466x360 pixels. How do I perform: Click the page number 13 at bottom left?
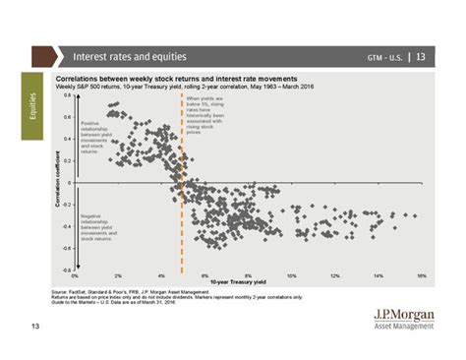[35, 326]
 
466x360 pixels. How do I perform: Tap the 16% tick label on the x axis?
[421, 275]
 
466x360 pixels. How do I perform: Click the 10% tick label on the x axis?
[291, 275]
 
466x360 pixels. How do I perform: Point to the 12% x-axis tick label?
[334, 275]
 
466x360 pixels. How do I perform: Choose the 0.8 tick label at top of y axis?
[67, 95]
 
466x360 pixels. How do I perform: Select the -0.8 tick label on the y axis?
[66, 269]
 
